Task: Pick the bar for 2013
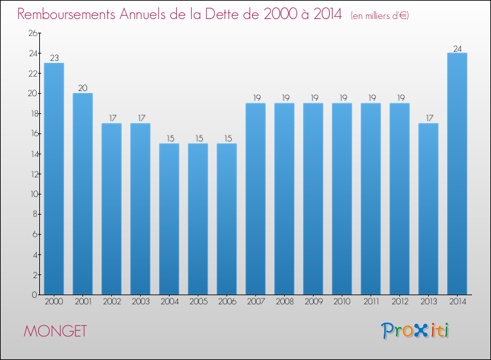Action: coord(428,209)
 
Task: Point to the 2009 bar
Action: coord(313,199)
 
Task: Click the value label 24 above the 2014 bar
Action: coord(457,48)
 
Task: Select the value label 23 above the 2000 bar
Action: coord(54,58)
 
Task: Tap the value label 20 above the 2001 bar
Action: coord(82,88)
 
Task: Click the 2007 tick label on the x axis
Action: coord(255,302)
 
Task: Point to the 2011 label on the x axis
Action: coord(371,302)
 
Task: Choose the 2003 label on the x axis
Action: coord(140,302)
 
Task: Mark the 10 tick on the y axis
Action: coord(32,194)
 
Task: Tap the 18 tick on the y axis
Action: coord(32,114)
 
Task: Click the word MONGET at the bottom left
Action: coord(55,331)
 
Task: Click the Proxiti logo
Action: coord(415,331)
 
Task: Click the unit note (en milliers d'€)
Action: coord(380,15)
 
